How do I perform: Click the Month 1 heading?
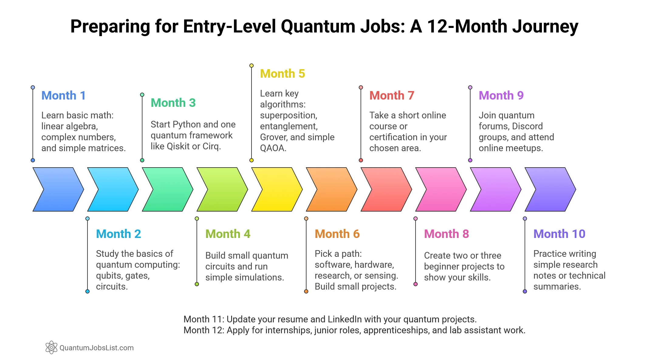point(63,96)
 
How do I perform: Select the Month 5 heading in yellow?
point(282,74)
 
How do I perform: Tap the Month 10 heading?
point(559,234)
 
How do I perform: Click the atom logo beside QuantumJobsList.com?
point(51,347)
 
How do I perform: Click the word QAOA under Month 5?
point(273,148)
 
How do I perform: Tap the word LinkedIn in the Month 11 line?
point(344,319)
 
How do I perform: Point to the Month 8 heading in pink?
point(446,234)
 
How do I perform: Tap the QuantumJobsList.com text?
point(97,348)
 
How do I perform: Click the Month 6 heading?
point(337,234)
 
